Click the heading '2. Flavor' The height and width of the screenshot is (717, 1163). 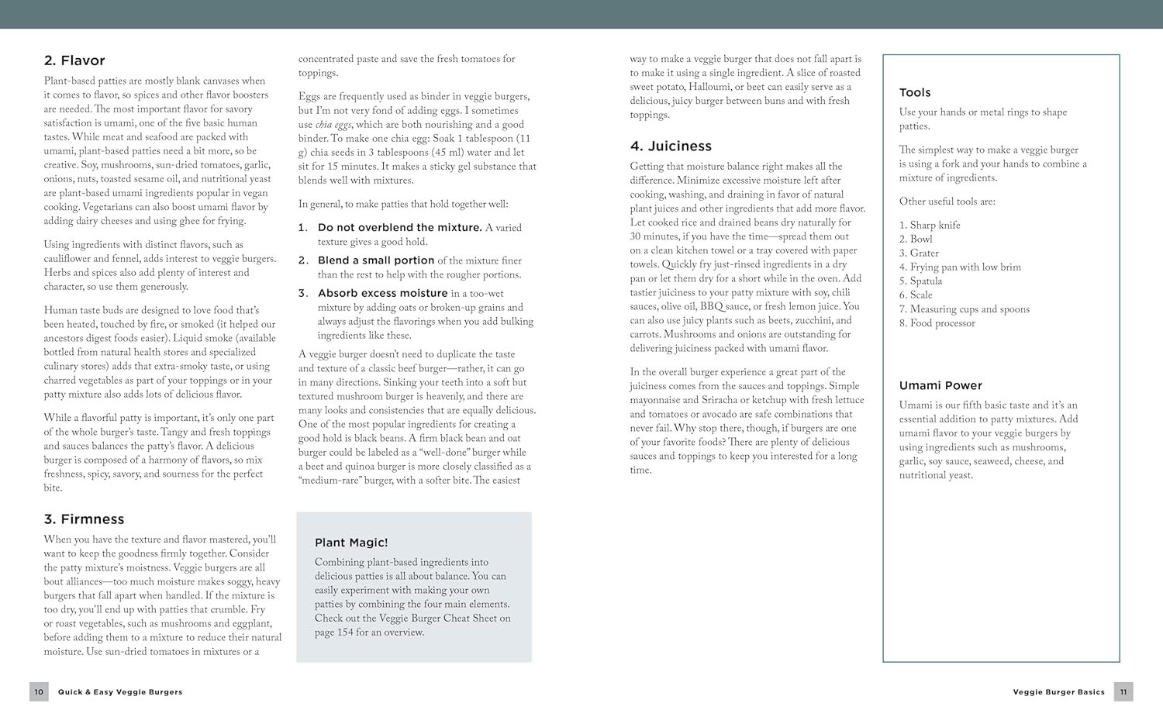[x=74, y=60]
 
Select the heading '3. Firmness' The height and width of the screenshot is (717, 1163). [x=84, y=519]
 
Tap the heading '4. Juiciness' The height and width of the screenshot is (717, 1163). [x=671, y=146]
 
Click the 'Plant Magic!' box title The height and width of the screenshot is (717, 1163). [x=351, y=543]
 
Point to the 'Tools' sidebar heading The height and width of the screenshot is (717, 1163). [x=915, y=92]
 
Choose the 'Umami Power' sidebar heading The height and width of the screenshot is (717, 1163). [x=940, y=385]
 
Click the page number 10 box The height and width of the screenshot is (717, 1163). [x=39, y=691]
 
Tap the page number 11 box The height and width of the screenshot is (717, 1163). [x=1123, y=691]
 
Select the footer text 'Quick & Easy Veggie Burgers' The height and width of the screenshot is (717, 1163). [x=120, y=692]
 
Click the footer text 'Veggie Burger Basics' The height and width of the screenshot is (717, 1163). [x=1058, y=692]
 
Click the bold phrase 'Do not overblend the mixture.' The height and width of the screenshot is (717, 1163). [x=399, y=227]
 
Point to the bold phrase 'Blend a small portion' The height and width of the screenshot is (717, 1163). [x=376, y=260]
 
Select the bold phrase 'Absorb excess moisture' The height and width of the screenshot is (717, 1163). [x=382, y=293]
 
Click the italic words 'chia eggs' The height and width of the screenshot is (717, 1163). [x=333, y=125]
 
